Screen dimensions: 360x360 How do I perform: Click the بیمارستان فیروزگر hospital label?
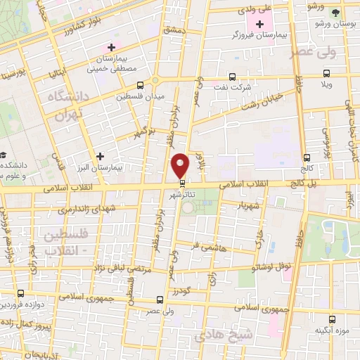259,36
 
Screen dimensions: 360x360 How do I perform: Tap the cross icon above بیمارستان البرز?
100,156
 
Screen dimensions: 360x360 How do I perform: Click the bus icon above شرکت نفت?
233,77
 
